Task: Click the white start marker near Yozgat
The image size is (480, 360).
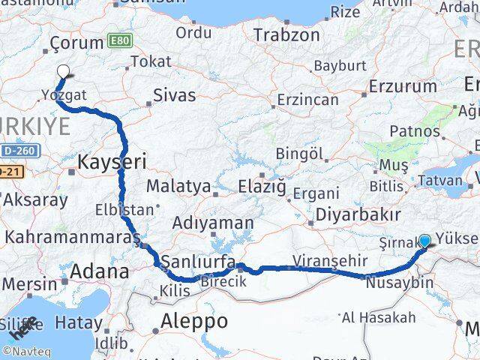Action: click(64, 72)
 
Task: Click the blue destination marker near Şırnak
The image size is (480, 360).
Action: click(424, 241)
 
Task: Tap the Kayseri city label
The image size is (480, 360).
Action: click(112, 160)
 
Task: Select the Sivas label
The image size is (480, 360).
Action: click(174, 95)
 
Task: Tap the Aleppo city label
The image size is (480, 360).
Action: click(195, 321)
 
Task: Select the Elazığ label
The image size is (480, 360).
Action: click(262, 186)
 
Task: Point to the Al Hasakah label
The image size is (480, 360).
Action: click(379, 317)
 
